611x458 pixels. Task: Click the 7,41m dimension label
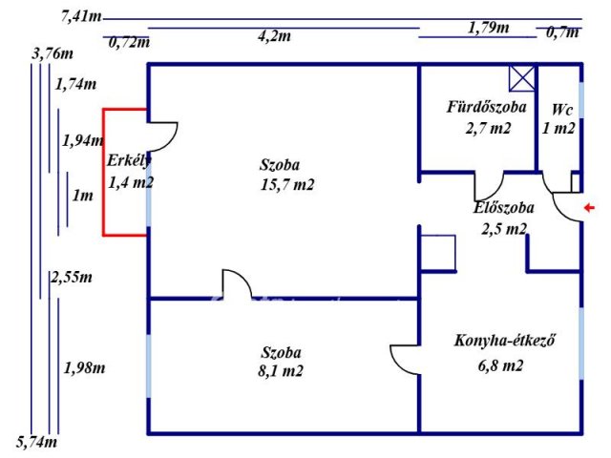point(79,15)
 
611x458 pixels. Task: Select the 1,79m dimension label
point(488,28)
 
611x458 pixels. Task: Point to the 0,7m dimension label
point(561,32)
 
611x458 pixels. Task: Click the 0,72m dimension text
point(129,42)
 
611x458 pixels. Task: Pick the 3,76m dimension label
point(51,53)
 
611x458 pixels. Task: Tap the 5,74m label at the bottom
point(37,442)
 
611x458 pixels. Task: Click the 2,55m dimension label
point(72,278)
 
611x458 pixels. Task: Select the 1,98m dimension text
point(84,367)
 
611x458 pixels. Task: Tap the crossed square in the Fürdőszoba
point(521,78)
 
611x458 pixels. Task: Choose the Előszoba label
point(503,207)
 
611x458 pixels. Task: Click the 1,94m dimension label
point(82,140)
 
